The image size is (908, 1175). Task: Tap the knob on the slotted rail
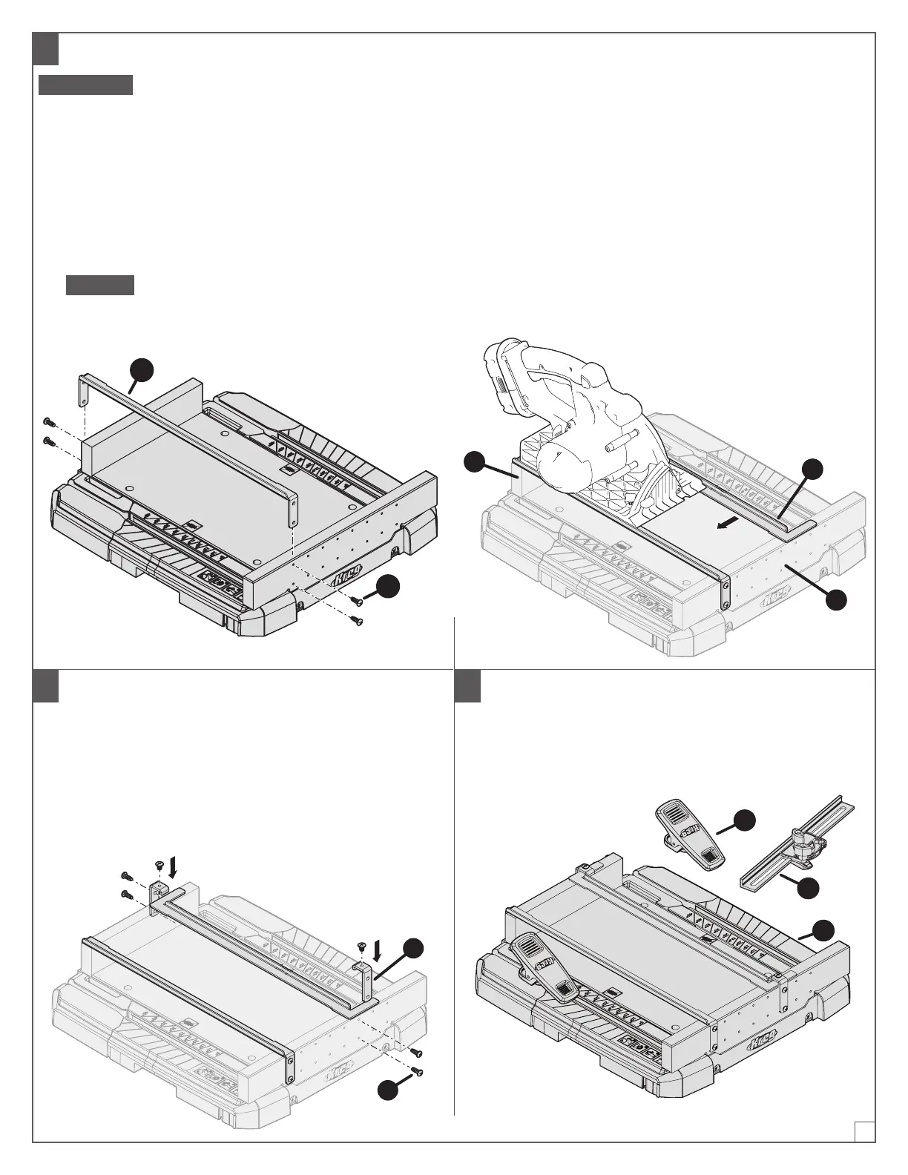pyautogui.click(x=802, y=837)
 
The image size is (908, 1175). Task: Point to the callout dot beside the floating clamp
pyautogui.click(x=745, y=820)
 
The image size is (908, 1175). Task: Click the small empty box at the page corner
pyautogui.click(x=864, y=1131)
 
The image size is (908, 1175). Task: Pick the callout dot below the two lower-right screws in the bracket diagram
pyautogui.click(x=386, y=1090)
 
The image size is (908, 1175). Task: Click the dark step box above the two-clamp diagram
pyautogui.click(x=467, y=685)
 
